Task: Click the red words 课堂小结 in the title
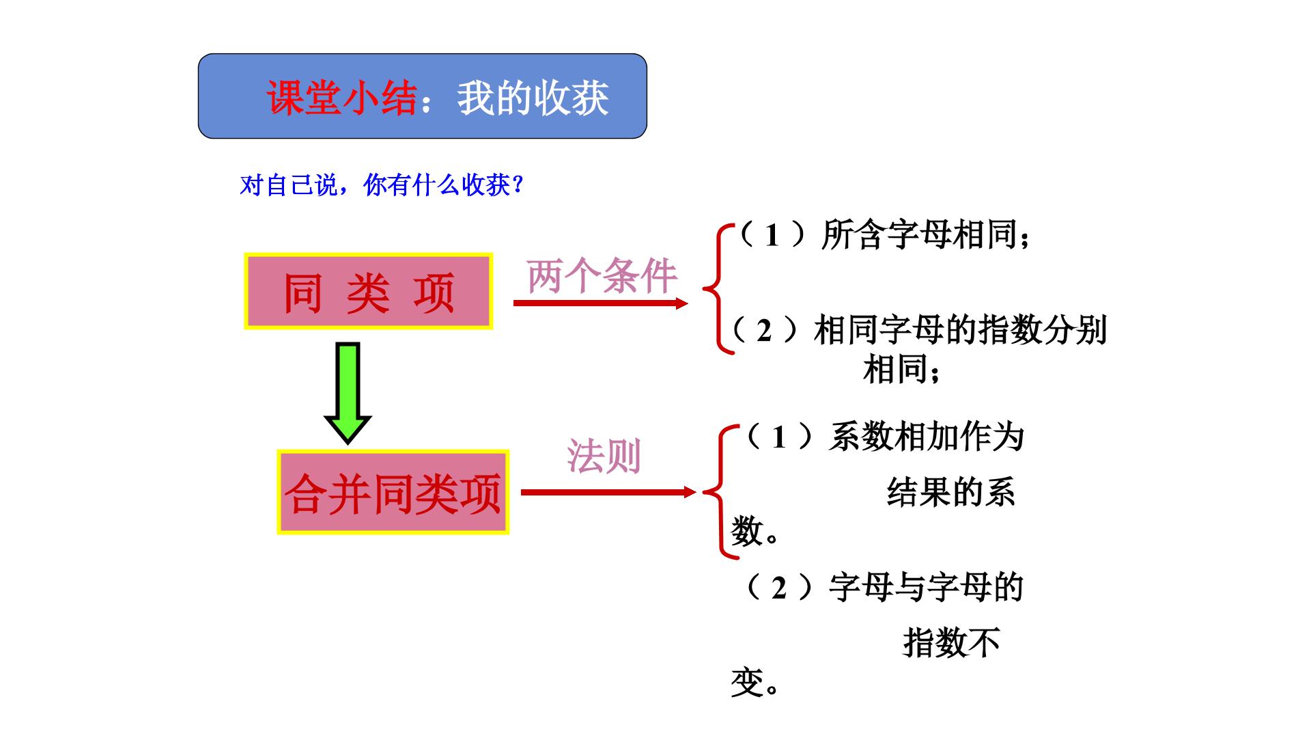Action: pos(341,98)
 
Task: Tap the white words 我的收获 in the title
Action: pos(533,98)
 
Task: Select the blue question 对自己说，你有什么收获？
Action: pos(382,185)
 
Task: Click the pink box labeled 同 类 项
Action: pos(368,292)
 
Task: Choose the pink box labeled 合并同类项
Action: pos(393,492)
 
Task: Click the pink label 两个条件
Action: pos(602,276)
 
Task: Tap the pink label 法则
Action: pos(604,456)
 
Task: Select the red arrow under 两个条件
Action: pos(600,303)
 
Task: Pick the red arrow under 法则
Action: pos(608,492)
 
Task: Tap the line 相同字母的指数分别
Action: pos(960,330)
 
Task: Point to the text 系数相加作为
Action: pos(927,437)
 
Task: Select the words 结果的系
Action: pos(951,492)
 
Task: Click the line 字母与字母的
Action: pos(927,587)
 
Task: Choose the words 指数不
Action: pos(952,642)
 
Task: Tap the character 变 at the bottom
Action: pos(746,682)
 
